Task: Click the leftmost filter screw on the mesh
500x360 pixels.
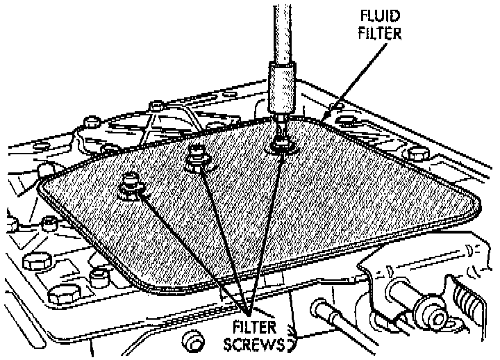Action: (x=130, y=184)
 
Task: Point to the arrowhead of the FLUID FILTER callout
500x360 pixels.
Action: (x=328, y=114)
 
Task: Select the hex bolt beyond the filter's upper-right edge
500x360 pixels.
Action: (x=415, y=152)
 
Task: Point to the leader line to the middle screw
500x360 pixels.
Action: (x=222, y=236)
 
